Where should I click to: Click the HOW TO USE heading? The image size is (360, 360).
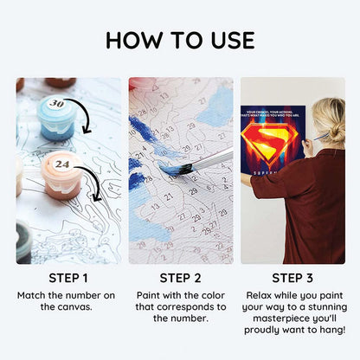pos(180,41)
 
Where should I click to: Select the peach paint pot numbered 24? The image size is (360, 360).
pos(60,173)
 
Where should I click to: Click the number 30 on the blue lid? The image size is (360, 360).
pos(57,104)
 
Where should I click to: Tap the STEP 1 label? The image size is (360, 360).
pos(67,278)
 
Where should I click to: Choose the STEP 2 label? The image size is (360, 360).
pos(180,278)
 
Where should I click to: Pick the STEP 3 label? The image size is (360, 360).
pos(292,278)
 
